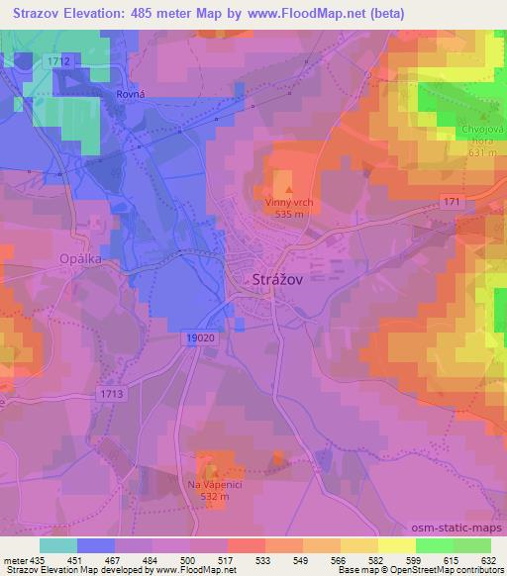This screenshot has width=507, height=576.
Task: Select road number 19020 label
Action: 199,337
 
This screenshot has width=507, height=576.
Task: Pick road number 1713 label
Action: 110,393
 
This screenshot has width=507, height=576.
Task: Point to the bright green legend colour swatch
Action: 435,545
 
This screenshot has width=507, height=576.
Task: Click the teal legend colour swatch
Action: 58,545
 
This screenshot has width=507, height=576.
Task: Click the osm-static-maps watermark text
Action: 462,526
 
